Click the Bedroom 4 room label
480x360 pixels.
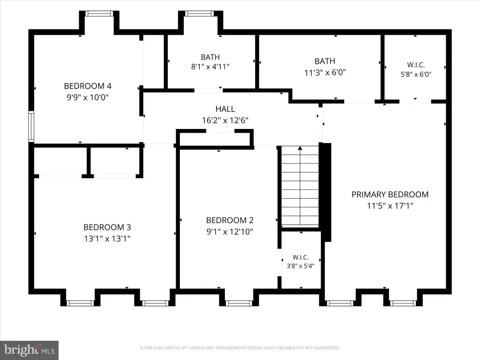[88, 86]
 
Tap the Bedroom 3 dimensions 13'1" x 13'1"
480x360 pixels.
[107, 239]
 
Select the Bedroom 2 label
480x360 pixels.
[230, 220]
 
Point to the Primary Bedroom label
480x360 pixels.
[390, 195]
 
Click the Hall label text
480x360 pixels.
[225, 109]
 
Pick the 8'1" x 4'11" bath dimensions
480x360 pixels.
[210, 67]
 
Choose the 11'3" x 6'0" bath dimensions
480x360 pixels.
[325, 73]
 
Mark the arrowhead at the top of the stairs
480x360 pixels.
[300, 148]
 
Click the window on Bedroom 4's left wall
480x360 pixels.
[31, 126]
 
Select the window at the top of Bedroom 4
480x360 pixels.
[99, 14]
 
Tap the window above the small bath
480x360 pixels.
[199, 14]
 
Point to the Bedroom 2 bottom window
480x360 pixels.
[239, 303]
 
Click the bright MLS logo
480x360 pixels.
[29, 350]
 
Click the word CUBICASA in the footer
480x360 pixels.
[196, 348]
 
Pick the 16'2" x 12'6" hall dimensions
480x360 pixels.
[225, 120]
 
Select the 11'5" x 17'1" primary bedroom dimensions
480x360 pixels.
[390, 206]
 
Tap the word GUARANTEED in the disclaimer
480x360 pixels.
[327, 348]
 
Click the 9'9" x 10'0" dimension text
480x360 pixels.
[88, 97]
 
